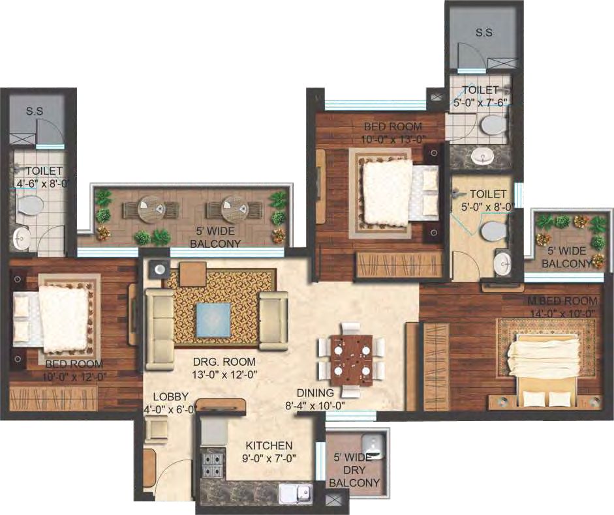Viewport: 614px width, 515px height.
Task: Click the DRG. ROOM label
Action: (224, 362)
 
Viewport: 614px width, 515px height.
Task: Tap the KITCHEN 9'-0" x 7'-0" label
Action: (269, 452)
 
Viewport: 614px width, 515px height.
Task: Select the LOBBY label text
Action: (171, 397)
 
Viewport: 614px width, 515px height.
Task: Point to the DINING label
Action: (315, 393)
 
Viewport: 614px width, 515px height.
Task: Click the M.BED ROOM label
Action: (562, 301)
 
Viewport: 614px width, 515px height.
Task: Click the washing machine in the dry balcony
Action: (375, 445)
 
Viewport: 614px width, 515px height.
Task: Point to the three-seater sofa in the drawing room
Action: (159, 329)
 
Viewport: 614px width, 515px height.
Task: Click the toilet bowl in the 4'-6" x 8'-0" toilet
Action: (30, 204)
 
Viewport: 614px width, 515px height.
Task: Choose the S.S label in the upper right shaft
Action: (484, 33)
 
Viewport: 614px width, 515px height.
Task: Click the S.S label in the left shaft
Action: (35, 111)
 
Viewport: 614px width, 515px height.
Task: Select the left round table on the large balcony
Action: (151, 209)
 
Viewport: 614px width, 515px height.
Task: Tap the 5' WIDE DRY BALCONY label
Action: (354, 470)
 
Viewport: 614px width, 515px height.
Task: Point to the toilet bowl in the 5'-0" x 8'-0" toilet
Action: (494, 231)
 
